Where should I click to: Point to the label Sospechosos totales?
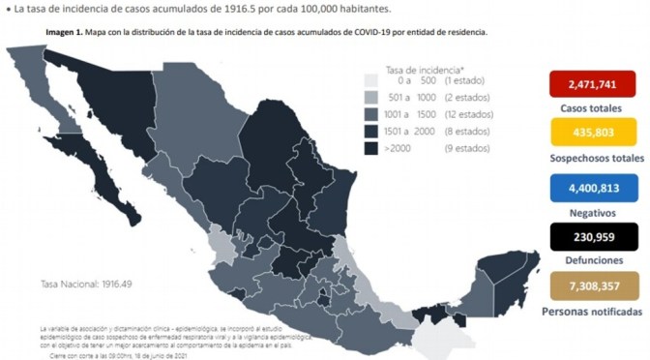(595, 157)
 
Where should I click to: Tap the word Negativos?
(595, 210)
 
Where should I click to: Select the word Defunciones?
(595, 262)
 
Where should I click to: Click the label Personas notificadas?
(595, 313)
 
